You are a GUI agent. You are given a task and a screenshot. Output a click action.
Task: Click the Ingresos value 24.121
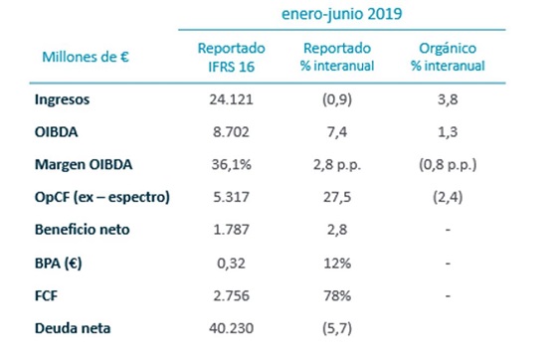click(230, 101)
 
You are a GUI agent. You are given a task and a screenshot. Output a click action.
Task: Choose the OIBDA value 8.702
click(230, 133)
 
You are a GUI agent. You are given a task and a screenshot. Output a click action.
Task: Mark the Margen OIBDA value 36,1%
click(230, 166)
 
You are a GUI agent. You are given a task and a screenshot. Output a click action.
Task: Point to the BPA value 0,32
click(230, 263)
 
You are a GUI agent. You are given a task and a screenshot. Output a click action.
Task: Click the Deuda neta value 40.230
click(230, 326)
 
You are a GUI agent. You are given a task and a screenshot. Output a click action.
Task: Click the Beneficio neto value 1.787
click(230, 231)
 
